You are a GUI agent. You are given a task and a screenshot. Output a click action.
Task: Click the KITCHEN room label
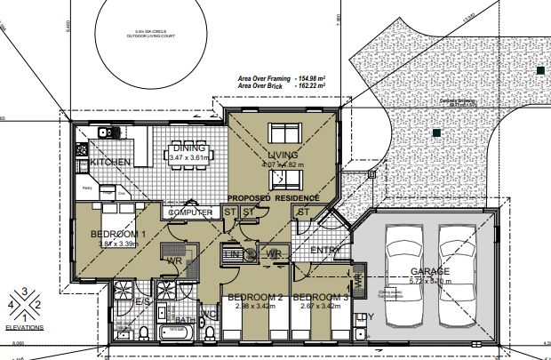[110, 163]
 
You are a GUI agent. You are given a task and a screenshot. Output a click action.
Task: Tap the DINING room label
[189, 148]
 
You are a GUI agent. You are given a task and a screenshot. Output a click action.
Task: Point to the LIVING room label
[283, 156]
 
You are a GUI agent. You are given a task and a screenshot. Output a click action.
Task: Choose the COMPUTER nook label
[190, 213]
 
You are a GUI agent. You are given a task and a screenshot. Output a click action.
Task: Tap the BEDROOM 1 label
[119, 234]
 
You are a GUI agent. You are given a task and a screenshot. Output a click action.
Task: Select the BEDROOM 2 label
[254, 297]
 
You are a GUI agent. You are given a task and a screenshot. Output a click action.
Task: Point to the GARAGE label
[430, 272]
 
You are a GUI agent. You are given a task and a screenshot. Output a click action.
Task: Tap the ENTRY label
[325, 252]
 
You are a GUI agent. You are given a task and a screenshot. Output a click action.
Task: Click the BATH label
[185, 320]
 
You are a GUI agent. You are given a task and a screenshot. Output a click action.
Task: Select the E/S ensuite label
[141, 302]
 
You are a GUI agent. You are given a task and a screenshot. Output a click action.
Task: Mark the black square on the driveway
[435, 132]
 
